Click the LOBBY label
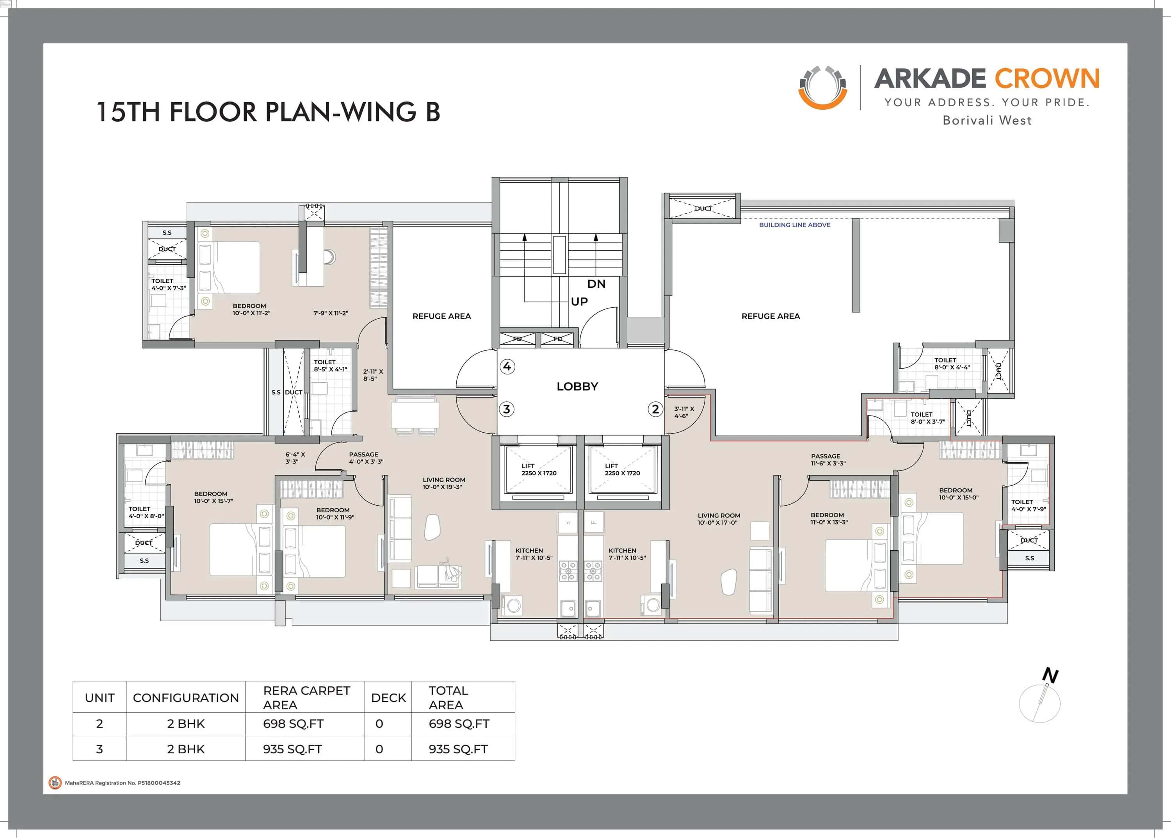pyautogui.click(x=577, y=387)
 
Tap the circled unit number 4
pyautogui.click(x=507, y=366)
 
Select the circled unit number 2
pyautogui.click(x=655, y=409)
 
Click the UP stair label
pyautogui.click(x=579, y=301)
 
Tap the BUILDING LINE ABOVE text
pyautogui.click(x=794, y=225)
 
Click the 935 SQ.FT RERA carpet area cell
pyautogui.click(x=292, y=749)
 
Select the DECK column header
pyautogui.click(x=388, y=698)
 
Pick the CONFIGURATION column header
pyautogui.click(x=186, y=698)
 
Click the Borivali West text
pyautogui.click(x=987, y=120)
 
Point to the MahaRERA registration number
pyautogui.click(x=122, y=783)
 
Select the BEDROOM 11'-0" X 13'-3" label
pyautogui.click(x=828, y=518)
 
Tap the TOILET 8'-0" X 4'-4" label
pyautogui.click(x=952, y=364)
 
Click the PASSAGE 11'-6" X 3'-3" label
pyautogui.click(x=828, y=459)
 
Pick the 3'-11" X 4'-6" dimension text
pyautogui.click(x=683, y=412)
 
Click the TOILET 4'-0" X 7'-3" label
pyautogui.click(x=168, y=284)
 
